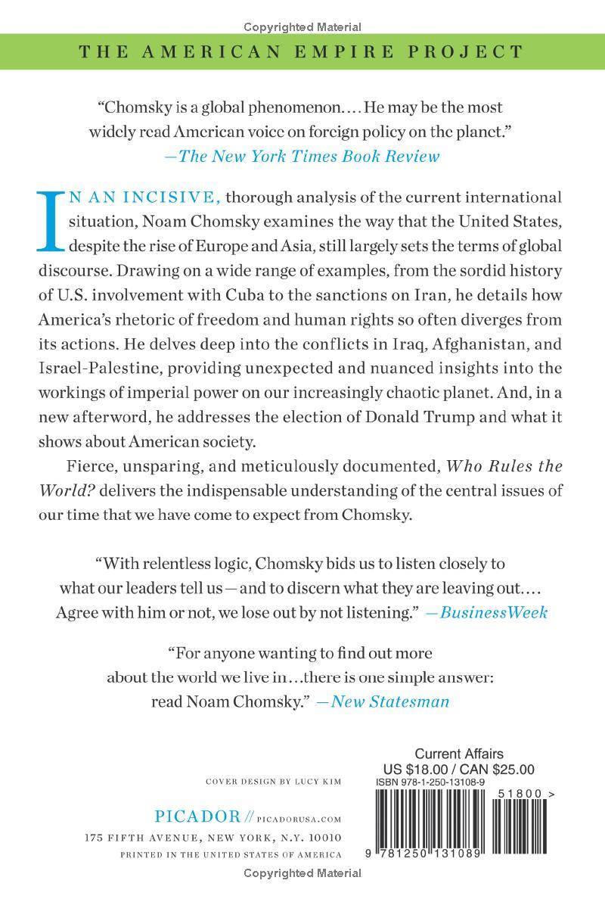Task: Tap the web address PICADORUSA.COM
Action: (x=300, y=818)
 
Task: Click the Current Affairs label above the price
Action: (x=459, y=754)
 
